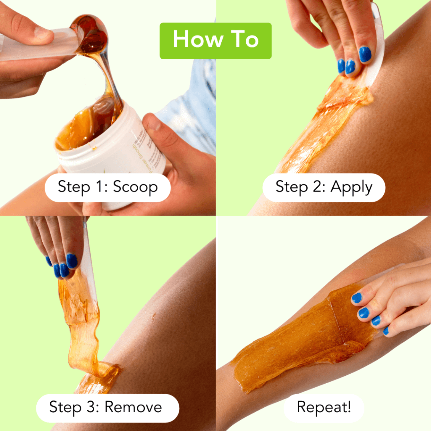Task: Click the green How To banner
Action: [x=215, y=41]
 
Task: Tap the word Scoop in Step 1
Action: [x=135, y=187]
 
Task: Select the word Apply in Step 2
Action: [x=351, y=187]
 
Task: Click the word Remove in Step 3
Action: [x=133, y=407]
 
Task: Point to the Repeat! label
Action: [x=324, y=407]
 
